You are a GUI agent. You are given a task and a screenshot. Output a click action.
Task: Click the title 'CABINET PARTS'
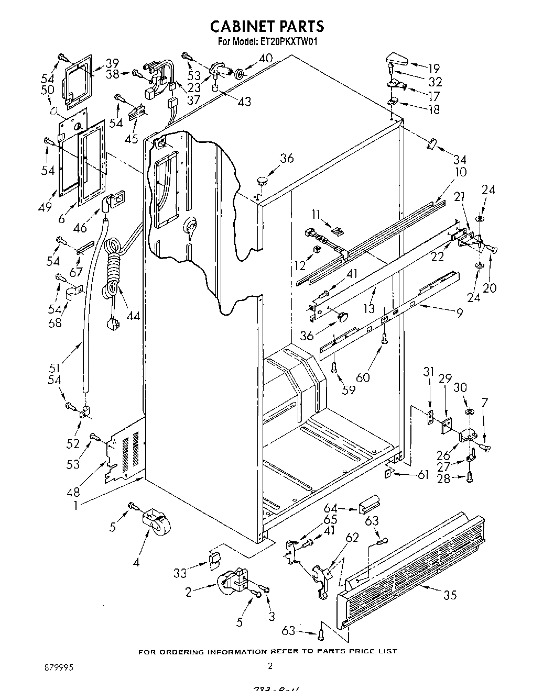(267, 26)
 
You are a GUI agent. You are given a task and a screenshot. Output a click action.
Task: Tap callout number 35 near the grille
(450, 595)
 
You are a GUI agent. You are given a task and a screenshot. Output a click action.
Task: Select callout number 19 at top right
(433, 68)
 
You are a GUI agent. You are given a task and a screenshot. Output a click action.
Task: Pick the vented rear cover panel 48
(125, 450)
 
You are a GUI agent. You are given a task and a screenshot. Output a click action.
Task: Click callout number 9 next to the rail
(460, 314)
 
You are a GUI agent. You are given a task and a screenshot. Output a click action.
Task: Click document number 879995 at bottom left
(58, 665)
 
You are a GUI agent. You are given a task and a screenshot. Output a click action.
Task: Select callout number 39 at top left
(112, 63)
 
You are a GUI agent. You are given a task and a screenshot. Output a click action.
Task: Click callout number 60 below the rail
(363, 377)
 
